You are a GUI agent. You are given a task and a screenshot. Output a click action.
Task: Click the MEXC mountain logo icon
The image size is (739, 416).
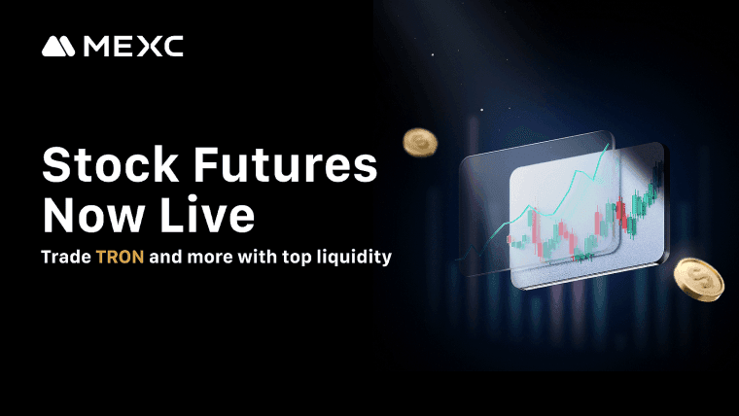pyautogui.click(x=59, y=47)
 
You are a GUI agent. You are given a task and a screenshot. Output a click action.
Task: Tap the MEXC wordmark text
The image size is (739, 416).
pyautogui.click(x=133, y=47)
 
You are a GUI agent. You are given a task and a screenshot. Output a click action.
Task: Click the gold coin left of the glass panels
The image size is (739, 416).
pyautogui.click(x=421, y=143)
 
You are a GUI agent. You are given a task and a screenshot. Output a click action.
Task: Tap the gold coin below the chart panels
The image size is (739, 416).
pyautogui.click(x=697, y=281)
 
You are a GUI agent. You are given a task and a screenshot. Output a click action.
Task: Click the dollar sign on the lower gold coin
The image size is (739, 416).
pyautogui.click(x=699, y=279)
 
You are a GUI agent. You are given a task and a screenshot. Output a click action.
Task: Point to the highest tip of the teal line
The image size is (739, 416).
pyautogui.click(x=611, y=145)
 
